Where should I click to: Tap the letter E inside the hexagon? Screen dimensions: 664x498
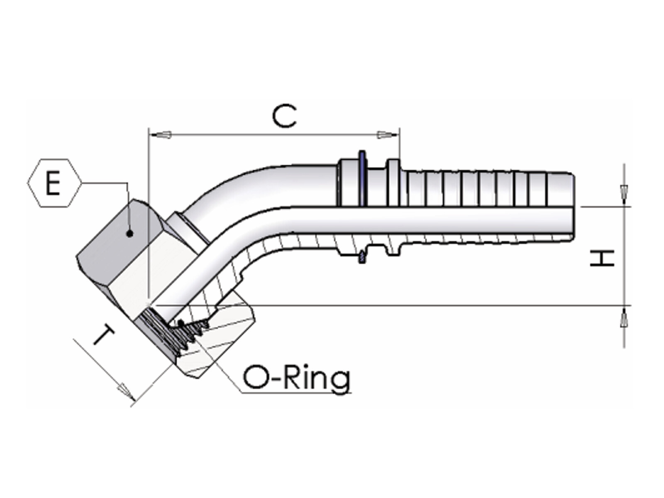[53, 183]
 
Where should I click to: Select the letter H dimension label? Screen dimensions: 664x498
[602, 258]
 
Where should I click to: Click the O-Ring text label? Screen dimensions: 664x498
[297, 378]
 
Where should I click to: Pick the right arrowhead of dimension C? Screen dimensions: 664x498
[388, 134]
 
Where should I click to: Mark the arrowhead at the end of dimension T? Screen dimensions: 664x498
[126, 392]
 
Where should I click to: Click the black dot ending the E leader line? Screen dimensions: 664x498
[130, 233]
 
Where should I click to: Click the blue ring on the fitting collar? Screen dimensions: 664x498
[363, 178]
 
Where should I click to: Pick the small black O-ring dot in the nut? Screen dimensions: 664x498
[181, 324]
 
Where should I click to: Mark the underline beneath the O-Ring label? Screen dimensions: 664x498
[296, 393]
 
